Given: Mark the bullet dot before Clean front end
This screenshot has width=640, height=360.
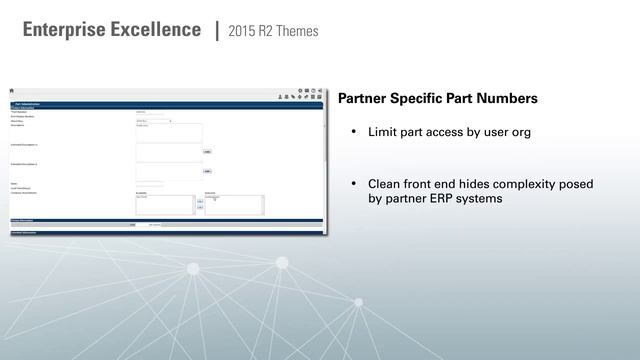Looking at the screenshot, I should (x=352, y=185).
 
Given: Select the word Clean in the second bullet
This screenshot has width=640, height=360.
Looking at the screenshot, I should (x=385, y=184).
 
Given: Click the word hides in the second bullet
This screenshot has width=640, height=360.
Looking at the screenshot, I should (x=480, y=184).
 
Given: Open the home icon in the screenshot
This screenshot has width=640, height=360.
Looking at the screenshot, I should (x=13, y=93).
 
